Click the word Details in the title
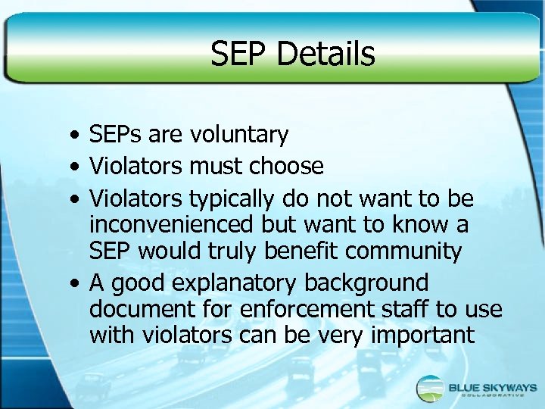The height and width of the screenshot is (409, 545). tap(326, 55)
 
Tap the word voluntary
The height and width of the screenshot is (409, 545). tap(239, 136)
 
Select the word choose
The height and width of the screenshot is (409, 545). tap(288, 166)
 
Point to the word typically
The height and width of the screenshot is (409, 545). tap(232, 199)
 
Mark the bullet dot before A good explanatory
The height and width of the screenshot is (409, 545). tap(69, 285)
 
